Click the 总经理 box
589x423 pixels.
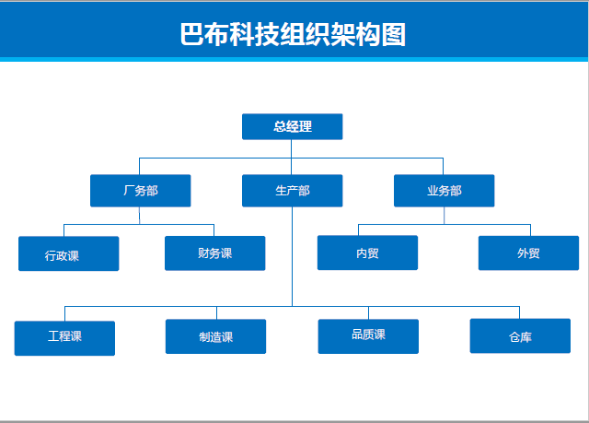(x=293, y=126)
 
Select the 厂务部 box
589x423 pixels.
(x=141, y=191)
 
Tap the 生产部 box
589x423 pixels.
(x=293, y=191)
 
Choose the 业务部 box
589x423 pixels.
(x=444, y=191)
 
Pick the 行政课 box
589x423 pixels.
(x=69, y=253)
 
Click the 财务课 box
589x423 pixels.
(x=214, y=253)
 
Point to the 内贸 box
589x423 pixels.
(x=367, y=253)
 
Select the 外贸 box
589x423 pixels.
(x=528, y=253)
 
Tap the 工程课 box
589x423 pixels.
(x=64, y=338)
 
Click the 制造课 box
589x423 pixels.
(x=215, y=336)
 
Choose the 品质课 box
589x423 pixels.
(x=368, y=336)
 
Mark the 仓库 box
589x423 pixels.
(x=520, y=335)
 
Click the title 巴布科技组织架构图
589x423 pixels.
(x=293, y=34)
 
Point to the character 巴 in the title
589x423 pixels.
(x=192, y=34)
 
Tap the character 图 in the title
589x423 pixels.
(x=394, y=34)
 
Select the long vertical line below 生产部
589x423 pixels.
(x=293, y=256)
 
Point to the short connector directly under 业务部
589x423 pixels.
(x=444, y=216)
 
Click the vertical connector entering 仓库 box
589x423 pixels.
(x=519, y=312)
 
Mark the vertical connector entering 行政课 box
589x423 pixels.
(x=64, y=230)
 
